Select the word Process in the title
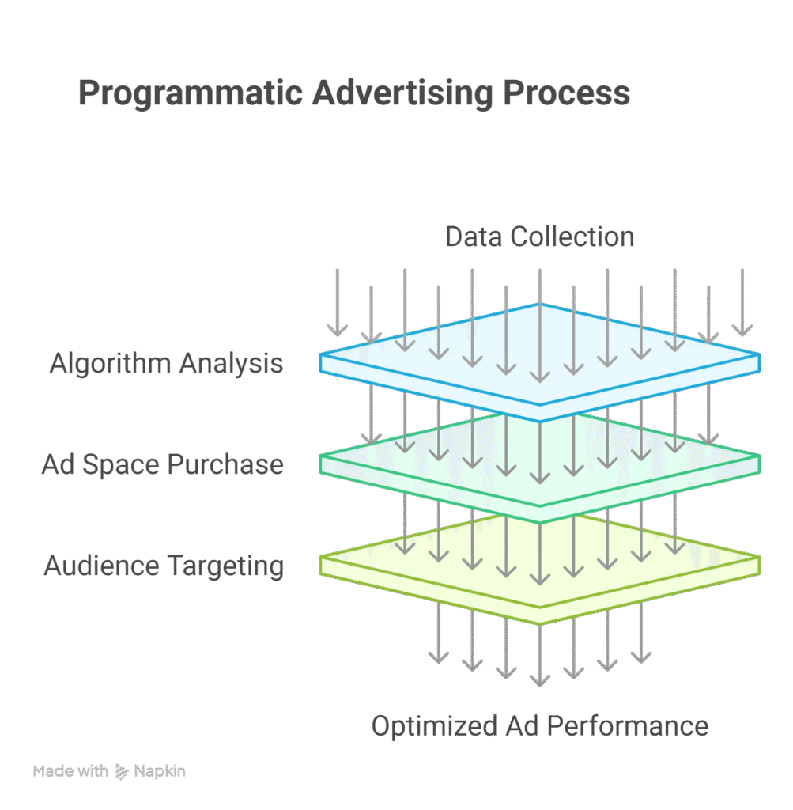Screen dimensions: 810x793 click(x=556, y=94)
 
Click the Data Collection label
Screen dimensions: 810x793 click(x=539, y=237)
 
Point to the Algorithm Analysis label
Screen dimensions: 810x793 click(x=166, y=363)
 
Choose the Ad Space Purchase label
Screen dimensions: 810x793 click(x=162, y=464)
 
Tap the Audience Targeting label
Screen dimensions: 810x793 click(x=164, y=566)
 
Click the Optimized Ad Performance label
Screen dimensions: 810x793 click(x=539, y=725)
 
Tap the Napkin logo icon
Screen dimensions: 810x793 click(x=122, y=771)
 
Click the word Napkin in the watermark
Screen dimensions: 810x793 click(x=160, y=771)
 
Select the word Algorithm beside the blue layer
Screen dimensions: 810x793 click(x=110, y=363)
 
